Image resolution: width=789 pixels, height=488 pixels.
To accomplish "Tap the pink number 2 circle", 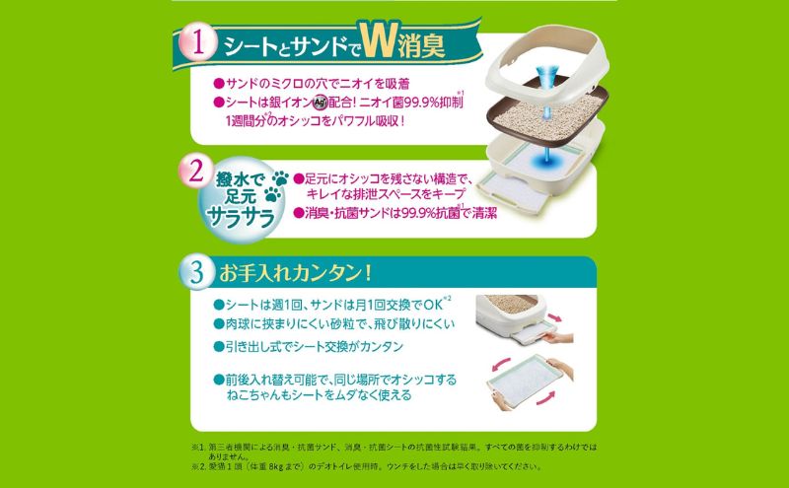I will pyautogui.click(x=197, y=174).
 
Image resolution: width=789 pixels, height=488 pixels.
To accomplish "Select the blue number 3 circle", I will pyautogui.click(x=198, y=269).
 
